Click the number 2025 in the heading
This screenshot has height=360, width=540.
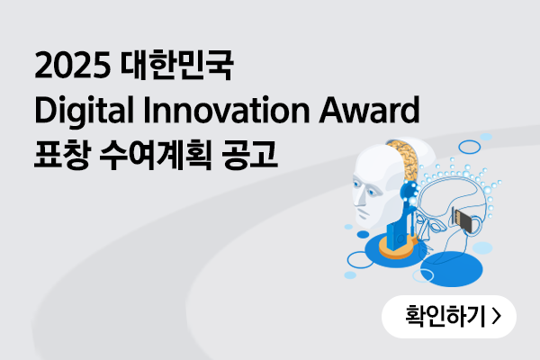click(x=72, y=65)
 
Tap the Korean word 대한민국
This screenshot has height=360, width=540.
click(x=176, y=65)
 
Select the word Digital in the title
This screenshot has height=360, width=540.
click(x=84, y=111)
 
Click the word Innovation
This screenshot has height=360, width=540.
click(x=227, y=110)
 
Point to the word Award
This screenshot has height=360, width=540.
click(x=369, y=110)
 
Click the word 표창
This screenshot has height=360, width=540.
click(x=63, y=155)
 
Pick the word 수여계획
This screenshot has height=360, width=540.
click(x=156, y=155)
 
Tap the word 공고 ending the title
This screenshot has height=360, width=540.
click(x=249, y=155)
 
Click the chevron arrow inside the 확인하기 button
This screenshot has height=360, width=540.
click(x=496, y=316)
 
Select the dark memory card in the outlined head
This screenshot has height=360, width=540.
click(x=462, y=219)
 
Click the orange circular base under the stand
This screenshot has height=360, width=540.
click(x=396, y=248)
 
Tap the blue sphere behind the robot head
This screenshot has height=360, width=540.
click(x=409, y=193)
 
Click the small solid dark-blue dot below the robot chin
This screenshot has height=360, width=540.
click(x=363, y=235)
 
